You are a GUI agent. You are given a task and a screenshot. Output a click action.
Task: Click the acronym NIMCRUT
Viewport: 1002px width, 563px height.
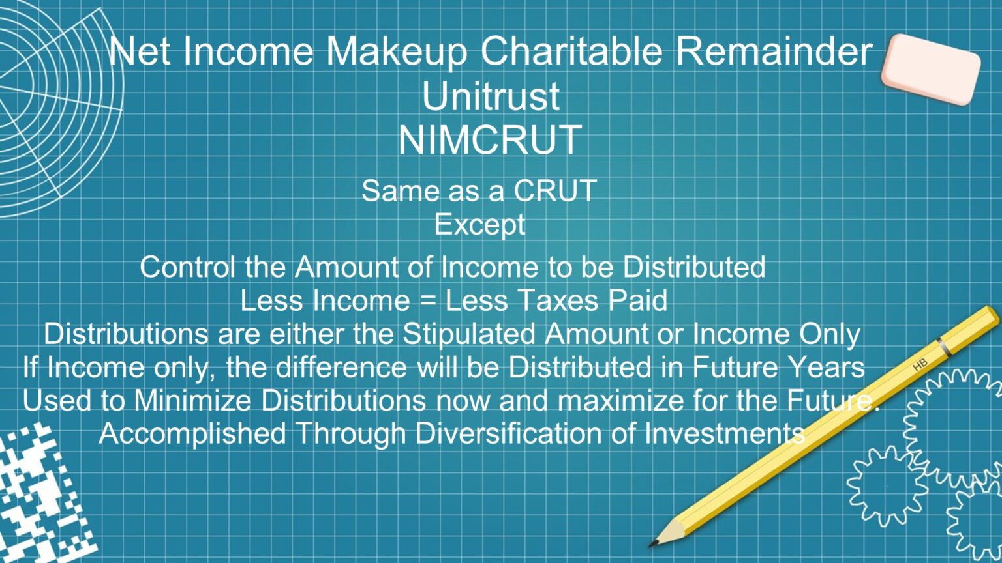pos(490,139)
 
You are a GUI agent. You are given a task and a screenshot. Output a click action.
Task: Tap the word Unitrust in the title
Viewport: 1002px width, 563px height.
pos(491,96)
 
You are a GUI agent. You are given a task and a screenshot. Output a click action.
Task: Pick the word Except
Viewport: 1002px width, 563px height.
pos(479,225)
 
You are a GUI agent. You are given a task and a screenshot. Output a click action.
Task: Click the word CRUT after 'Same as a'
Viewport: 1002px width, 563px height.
pos(554,191)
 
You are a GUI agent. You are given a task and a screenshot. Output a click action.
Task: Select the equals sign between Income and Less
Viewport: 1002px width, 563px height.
pos(427,301)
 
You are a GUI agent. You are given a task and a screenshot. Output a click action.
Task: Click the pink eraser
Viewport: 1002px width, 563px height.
pos(930,68)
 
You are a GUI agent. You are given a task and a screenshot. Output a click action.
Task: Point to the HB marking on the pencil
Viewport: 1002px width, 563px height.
pos(920,365)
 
